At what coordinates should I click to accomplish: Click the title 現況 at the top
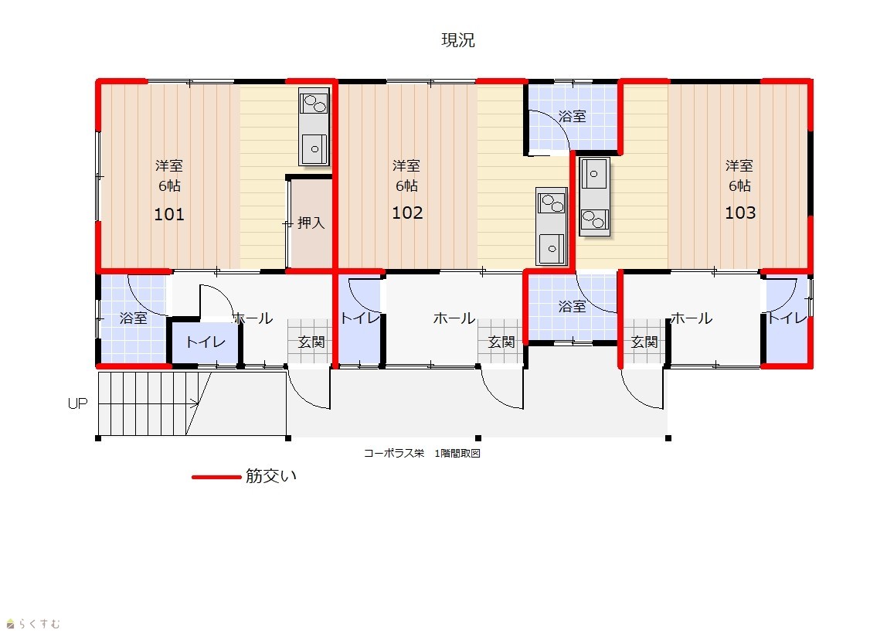click(457, 40)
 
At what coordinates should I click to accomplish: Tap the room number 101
click(169, 214)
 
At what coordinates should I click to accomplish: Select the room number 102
click(407, 213)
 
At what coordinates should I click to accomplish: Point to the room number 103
click(740, 213)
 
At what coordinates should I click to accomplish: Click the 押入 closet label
click(311, 223)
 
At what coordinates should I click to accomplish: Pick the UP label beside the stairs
click(77, 403)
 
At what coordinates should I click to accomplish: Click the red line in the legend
click(216, 478)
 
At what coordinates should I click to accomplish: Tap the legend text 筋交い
click(271, 476)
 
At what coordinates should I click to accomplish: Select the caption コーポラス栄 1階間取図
click(422, 453)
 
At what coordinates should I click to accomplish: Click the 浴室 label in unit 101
click(134, 318)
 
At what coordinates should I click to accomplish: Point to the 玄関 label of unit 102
click(501, 342)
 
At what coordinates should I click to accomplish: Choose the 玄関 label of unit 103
click(644, 342)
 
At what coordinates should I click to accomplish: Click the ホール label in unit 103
click(692, 318)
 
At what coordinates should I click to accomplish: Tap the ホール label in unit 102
click(454, 318)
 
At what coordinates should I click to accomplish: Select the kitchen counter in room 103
click(594, 196)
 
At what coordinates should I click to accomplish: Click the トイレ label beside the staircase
click(206, 342)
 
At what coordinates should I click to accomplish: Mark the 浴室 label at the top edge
click(572, 117)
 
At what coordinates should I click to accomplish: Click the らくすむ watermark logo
click(32, 624)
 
